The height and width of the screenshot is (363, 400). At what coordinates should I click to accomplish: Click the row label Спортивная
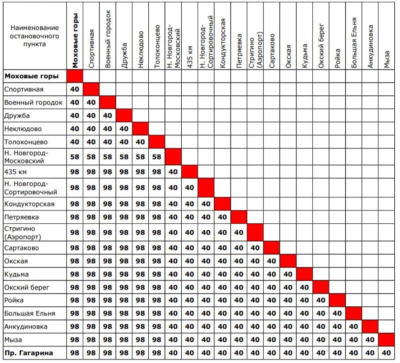24,90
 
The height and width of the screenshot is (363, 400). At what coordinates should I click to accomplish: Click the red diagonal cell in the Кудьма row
305,274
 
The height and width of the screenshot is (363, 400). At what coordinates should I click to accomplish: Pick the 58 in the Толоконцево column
157,157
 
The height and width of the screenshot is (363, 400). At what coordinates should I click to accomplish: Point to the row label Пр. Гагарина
29,353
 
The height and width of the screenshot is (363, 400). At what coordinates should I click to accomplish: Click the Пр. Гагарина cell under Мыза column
386,353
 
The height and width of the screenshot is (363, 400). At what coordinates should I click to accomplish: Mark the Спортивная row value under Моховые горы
75,90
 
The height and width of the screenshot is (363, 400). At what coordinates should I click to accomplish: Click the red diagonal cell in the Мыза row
386,340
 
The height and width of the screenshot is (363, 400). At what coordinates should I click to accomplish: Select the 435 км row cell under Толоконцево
157,172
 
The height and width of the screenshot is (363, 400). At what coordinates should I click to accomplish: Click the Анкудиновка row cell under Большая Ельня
354,327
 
